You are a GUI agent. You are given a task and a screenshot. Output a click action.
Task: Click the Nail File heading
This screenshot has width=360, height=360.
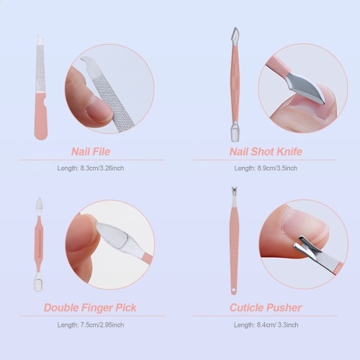91,152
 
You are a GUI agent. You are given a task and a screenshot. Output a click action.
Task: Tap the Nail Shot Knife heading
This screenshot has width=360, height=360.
266,152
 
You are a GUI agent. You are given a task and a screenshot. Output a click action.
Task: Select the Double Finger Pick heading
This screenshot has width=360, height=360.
90,307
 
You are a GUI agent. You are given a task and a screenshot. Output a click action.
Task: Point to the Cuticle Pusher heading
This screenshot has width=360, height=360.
266,307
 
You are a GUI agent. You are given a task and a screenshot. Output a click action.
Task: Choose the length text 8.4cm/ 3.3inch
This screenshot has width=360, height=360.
277,325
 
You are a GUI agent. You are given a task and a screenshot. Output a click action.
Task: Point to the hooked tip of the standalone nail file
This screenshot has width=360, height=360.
40,37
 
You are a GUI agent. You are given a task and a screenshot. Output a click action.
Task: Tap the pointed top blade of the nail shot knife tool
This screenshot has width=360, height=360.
235,34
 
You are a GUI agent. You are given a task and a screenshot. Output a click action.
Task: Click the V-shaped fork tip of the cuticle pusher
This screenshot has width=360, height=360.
233,192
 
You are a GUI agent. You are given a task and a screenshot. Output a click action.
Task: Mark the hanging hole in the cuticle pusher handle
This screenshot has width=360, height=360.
234,291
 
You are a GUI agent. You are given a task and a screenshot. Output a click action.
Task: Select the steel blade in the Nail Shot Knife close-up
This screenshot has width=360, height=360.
305,87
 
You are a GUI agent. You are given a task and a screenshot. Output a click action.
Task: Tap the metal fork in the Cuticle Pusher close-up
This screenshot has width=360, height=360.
308,250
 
